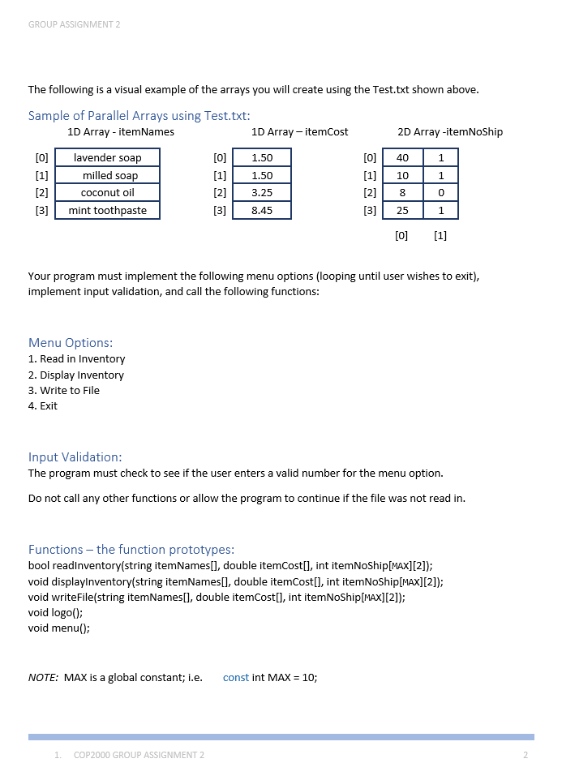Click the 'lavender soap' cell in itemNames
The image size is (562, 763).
[x=107, y=158]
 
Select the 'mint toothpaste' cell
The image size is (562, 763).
[x=107, y=211]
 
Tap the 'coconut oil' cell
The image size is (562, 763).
[x=107, y=193]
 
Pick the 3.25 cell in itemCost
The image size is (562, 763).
[x=262, y=193]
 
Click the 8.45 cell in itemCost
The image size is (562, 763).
[x=262, y=211]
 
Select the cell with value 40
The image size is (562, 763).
[x=402, y=158]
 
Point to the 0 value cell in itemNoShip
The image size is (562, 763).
[x=440, y=193]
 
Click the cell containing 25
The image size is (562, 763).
[x=402, y=211]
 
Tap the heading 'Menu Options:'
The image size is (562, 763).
[x=71, y=342]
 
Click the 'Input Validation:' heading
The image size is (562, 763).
[x=75, y=457]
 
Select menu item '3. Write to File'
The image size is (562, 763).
[x=64, y=390]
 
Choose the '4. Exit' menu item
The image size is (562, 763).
[x=43, y=405]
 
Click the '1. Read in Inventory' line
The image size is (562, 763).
[x=76, y=358]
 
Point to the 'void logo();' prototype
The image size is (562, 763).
[x=55, y=613]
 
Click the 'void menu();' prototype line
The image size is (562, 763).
[x=58, y=628]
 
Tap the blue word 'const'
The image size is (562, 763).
[x=236, y=677]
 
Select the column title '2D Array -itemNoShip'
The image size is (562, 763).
[x=450, y=131]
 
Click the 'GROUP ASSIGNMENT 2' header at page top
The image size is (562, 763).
[x=74, y=24]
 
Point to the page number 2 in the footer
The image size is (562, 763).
[x=526, y=755]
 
